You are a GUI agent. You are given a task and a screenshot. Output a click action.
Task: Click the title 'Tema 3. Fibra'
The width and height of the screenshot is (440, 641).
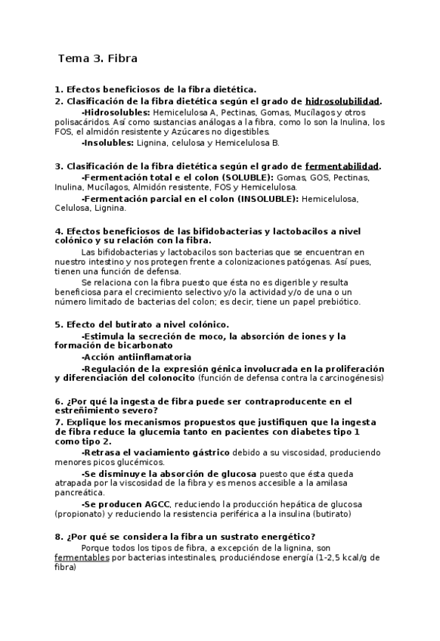[98, 57]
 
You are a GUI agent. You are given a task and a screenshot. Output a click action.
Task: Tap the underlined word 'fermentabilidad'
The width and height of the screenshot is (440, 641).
[341, 167]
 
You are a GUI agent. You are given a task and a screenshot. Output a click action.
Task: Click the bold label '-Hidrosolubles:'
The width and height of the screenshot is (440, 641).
[115, 112]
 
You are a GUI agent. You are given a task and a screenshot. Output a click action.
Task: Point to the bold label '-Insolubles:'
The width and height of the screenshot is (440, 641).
[107, 142]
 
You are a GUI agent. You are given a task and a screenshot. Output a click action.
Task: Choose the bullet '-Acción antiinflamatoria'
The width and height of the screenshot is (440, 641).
[136, 357]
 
